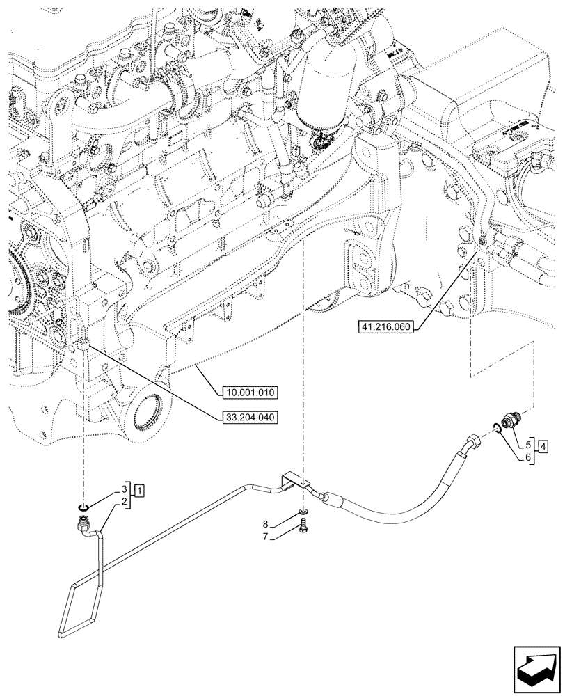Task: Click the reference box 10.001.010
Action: point(249,393)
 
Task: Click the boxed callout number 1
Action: point(140,492)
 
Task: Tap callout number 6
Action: point(528,457)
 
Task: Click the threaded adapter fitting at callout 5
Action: point(513,421)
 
